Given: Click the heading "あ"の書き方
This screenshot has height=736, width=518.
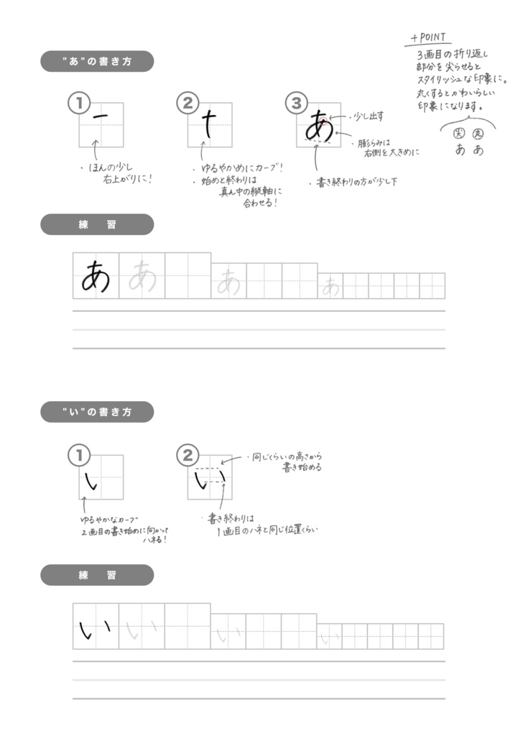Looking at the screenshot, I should pyautogui.click(x=97, y=62).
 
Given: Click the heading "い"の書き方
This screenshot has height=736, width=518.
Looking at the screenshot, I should pyautogui.click(x=97, y=413).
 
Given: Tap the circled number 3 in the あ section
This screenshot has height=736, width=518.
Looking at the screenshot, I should pyautogui.click(x=295, y=103).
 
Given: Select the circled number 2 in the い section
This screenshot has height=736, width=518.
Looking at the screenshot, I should pyautogui.click(x=187, y=454).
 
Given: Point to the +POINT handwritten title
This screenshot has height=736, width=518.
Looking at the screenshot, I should pyautogui.click(x=428, y=37).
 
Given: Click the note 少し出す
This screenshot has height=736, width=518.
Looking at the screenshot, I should pyautogui.click(x=369, y=116).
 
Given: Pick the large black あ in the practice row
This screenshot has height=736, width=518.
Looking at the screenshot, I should pyautogui.click(x=96, y=276).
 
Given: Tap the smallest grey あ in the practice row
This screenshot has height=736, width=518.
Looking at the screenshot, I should pyautogui.click(x=330, y=287).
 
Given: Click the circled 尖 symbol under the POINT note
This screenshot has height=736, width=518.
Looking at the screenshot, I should pyautogui.click(x=458, y=134).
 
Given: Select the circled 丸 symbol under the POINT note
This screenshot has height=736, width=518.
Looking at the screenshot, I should pyautogui.click(x=478, y=134).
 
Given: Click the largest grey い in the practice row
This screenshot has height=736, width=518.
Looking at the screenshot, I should pyautogui.click(x=140, y=630).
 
